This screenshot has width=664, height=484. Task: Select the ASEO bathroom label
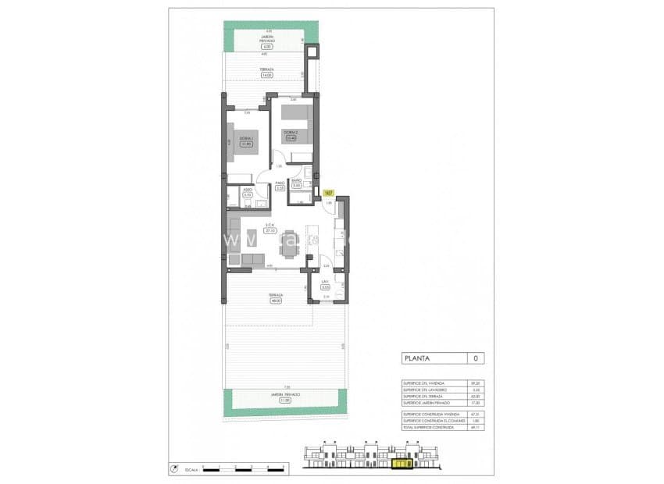[247, 189]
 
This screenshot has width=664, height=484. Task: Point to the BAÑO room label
[297, 181]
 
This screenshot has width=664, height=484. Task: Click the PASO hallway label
[280, 183]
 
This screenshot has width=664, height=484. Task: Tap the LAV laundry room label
[325, 282]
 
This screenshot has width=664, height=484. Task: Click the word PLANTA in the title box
[420, 359]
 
